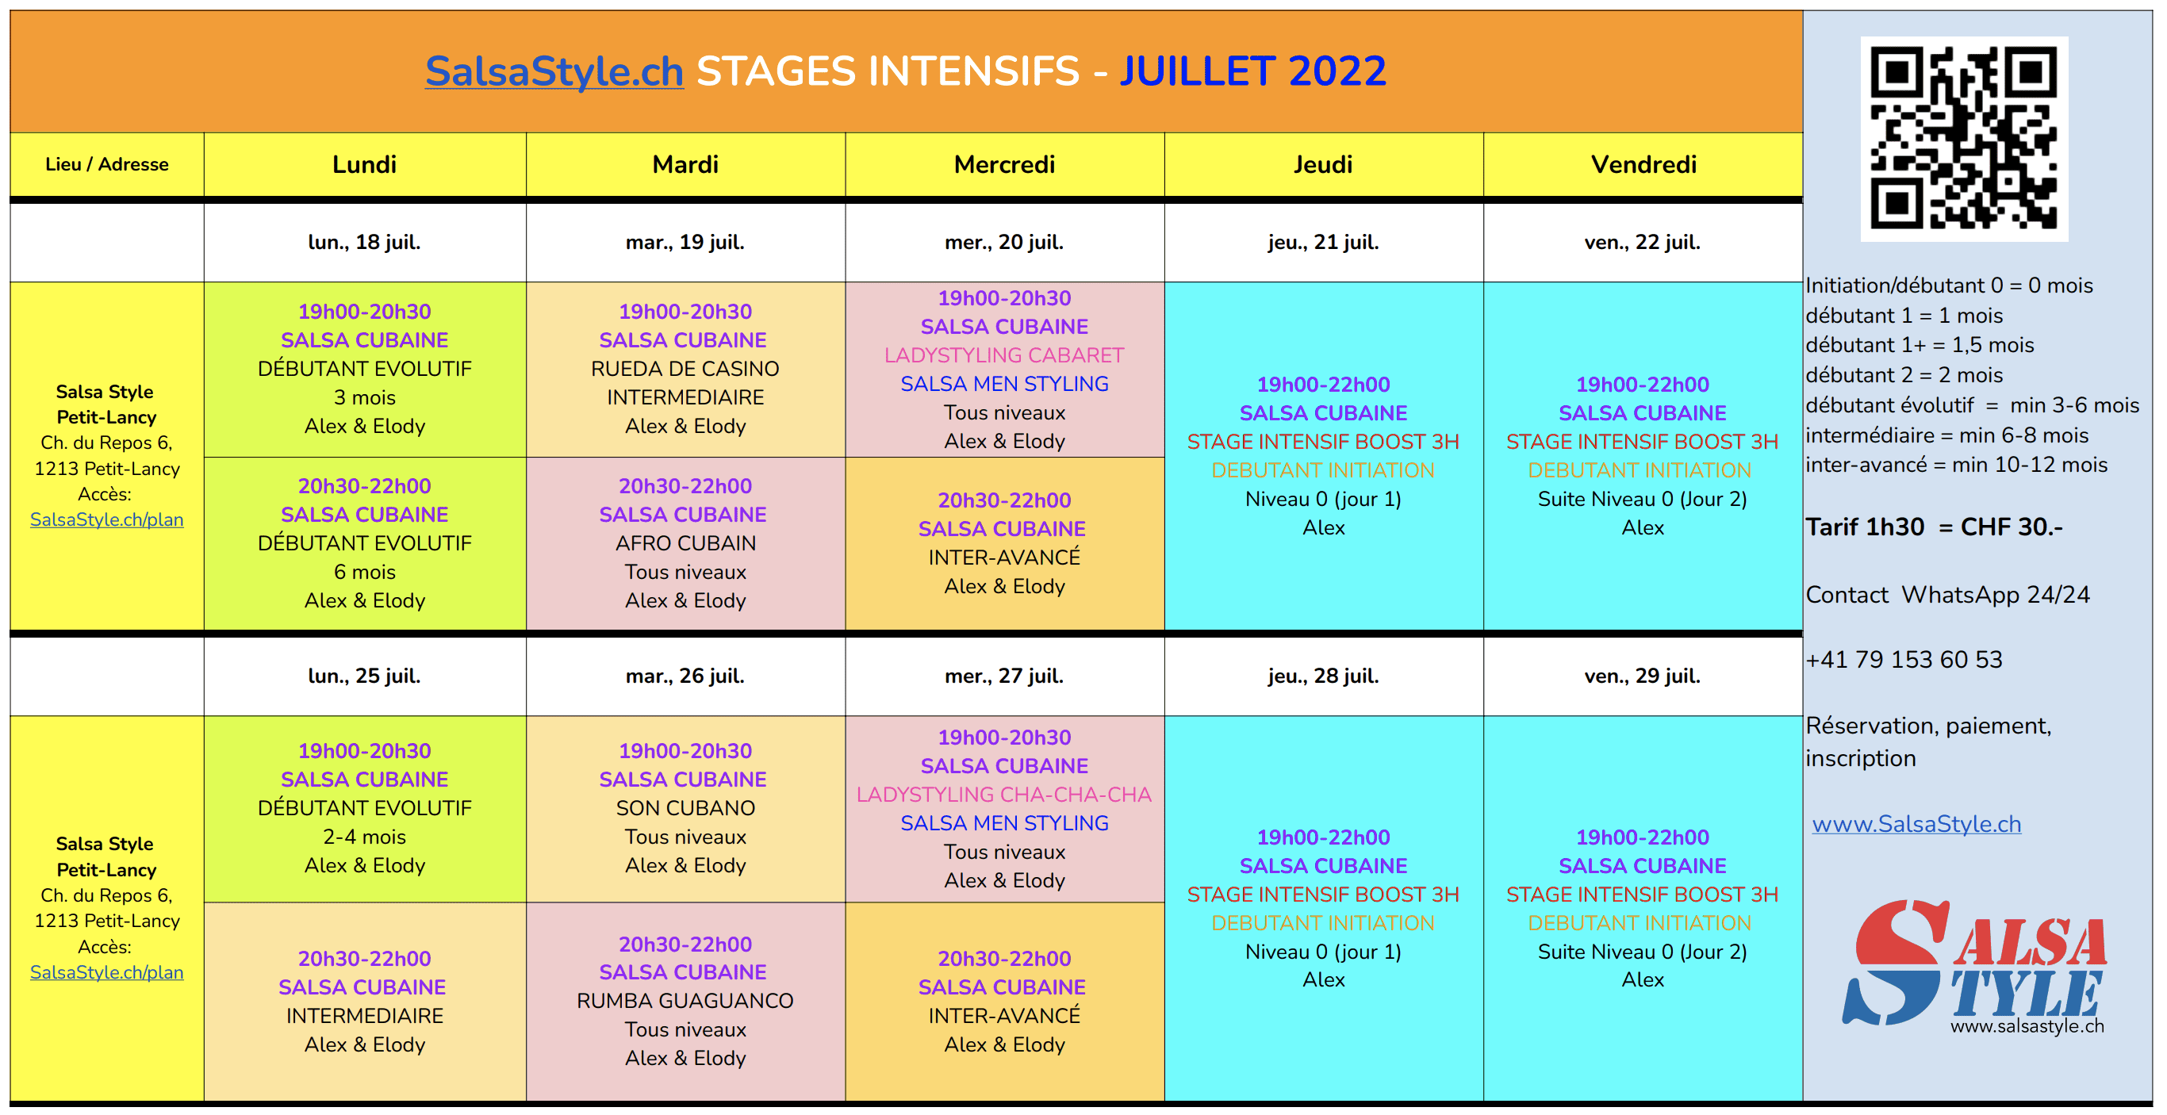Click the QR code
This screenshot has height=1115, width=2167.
1963,139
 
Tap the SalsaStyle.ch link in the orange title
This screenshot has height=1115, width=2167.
554,71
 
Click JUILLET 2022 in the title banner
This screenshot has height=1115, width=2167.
1252,71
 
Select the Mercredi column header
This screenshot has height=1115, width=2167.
1004,165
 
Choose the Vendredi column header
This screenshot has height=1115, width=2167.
1643,165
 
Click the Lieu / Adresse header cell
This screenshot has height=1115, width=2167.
107,165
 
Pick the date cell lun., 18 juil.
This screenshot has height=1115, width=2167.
364,242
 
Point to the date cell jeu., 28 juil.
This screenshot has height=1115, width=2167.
1323,676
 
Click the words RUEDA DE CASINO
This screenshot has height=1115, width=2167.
685,369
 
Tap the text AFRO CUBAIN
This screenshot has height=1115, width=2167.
685,544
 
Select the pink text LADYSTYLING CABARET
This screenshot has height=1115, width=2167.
1003,356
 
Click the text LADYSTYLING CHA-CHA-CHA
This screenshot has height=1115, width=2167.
1003,795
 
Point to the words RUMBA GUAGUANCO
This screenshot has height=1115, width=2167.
685,1001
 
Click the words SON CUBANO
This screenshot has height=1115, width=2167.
685,808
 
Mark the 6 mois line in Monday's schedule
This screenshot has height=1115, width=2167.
364,573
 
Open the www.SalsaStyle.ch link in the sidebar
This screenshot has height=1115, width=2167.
1916,824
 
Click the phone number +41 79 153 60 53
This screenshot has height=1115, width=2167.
1904,659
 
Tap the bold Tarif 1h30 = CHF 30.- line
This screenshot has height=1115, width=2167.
1934,527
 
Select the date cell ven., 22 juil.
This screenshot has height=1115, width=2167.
1643,242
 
